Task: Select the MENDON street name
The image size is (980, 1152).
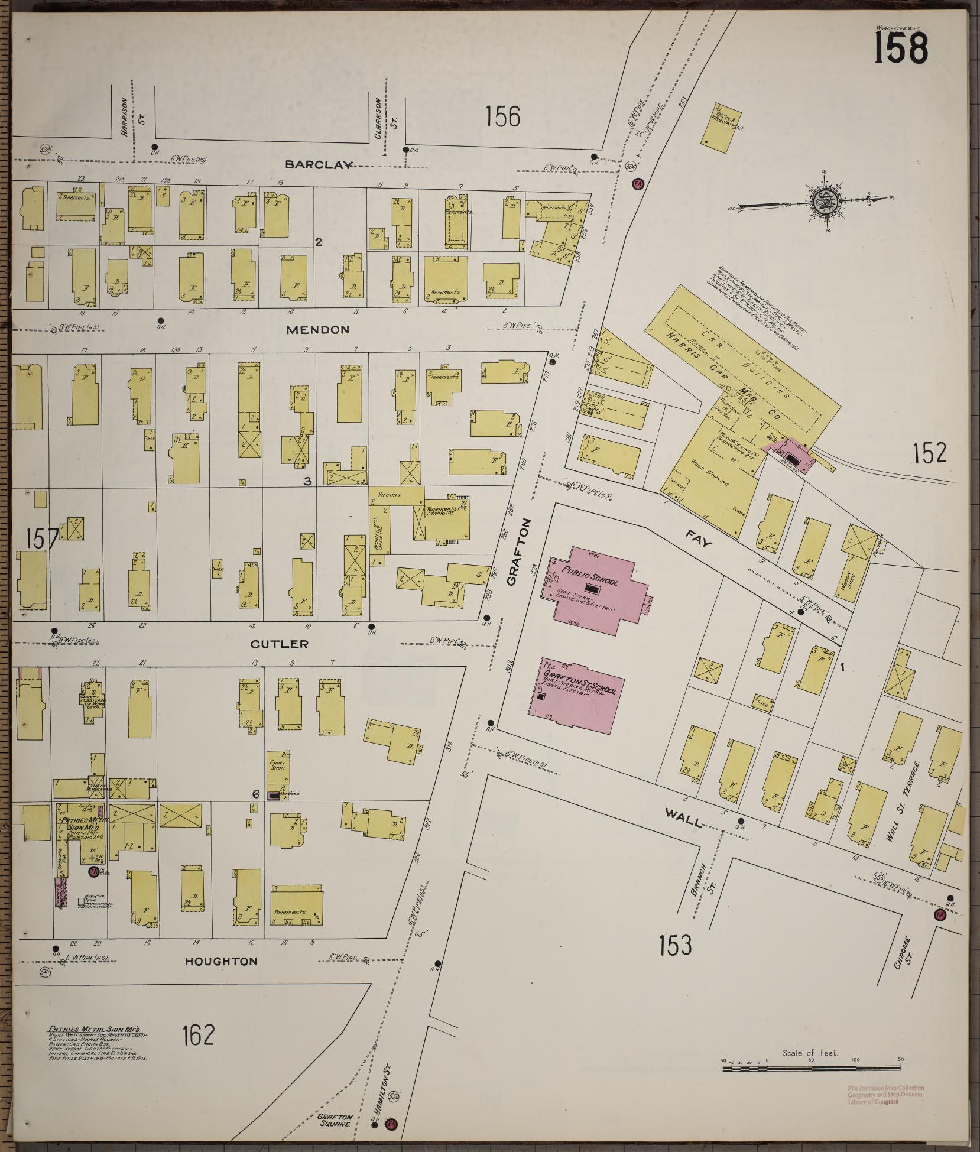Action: point(317,330)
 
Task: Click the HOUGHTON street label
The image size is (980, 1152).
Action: point(221,961)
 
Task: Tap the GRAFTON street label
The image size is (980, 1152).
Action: point(512,551)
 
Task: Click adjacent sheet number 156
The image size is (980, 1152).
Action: point(502,116)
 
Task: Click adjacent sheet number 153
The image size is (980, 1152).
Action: point(675,946)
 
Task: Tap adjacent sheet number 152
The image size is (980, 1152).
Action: point(929,453)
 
